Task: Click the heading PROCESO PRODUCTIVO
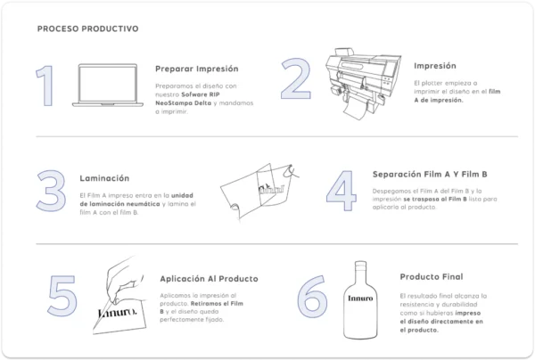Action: point(87,29)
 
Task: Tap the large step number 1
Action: point(45,86)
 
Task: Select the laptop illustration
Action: point(108,86)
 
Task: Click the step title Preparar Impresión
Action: point(196,69)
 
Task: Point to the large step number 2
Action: point(296,78)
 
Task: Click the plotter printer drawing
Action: point(364,84)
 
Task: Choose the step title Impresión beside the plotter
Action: point(435,66)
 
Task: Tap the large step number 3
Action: point(51,191)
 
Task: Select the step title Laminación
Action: point(104,178)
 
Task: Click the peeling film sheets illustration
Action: point(260,192)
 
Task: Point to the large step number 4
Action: point(342,191)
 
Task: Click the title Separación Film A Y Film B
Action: point(430,175)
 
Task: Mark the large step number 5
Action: point(62,296)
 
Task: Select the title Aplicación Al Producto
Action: point(210,279)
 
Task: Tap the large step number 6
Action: point(312,296)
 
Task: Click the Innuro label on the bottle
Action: point(360,299)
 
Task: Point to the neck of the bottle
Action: point(360,273)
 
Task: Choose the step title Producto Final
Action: point(432,277)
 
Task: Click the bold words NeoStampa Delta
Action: point(183,103)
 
